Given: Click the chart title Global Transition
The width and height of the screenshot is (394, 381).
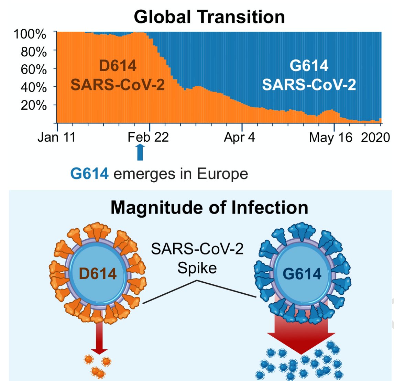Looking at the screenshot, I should click(x=209, y=17).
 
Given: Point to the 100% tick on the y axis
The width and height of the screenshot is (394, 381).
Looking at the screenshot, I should click(x=30, y=34).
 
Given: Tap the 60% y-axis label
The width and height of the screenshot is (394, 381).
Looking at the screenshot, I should click(x=34, y=69).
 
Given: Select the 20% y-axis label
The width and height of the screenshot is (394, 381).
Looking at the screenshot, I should click(x=34, y=105).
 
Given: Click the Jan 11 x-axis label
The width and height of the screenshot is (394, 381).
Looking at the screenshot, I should click(x=56, y=138).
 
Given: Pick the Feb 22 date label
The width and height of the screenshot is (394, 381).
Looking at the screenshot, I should click(x=148, y=138).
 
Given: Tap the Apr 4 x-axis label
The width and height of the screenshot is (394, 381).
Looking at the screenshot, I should click(x=239, y=138).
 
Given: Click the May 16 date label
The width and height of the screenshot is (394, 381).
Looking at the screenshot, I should click(x=330, y=138).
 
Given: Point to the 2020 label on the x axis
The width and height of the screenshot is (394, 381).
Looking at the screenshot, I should click(x=375, y=138).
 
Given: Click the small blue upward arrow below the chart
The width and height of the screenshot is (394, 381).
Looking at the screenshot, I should click(x=140, y=152).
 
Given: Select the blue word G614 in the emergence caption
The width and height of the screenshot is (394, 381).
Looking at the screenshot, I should click(x=89, y=174).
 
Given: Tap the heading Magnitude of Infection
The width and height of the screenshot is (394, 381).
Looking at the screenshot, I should click(x=209, y=208).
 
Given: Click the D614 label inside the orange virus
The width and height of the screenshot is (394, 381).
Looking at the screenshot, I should click(x=98, y=274).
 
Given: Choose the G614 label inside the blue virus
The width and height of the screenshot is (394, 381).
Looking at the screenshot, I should click(x=302, y=274).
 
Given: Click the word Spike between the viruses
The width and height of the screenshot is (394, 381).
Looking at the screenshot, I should click(x=197, y=268).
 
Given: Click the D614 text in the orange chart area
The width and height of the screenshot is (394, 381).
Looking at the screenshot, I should click(x=118, y=66).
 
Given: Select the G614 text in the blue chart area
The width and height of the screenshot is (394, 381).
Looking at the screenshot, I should click(x=309, y=66).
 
